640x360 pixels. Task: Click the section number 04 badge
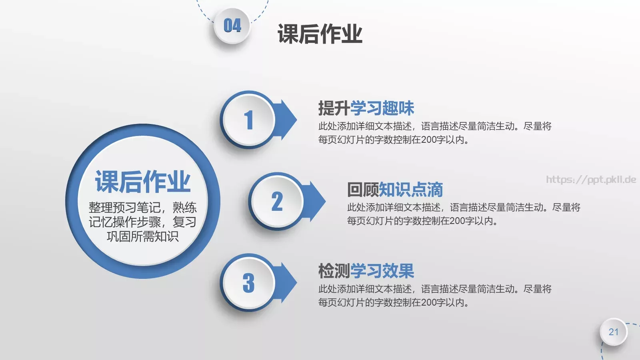(x=232, y=26)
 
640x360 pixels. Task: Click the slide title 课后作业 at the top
(x=320, y=34)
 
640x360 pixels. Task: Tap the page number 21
(x=614, y=332)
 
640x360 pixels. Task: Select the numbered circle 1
(x=249, y=120)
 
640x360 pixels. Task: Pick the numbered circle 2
(x=277, y=201)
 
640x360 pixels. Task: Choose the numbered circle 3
(x=249, y=283)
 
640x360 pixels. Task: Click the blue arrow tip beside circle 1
(x=290, y=120)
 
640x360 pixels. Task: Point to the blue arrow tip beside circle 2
(x=318, y=201)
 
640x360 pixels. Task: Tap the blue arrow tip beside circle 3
(x=290, y=282)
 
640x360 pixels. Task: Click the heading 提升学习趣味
(x=366, y=108)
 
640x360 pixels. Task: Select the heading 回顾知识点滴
(x=395, y=190)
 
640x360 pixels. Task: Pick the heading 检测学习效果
(x=366, y=271)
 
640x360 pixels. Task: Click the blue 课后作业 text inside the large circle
(x=143, y=182)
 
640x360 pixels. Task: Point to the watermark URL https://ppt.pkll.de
(x=591, y=180)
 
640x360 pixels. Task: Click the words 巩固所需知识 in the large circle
(x=143, y=236)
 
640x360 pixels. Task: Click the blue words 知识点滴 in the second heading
(x=411, y=190)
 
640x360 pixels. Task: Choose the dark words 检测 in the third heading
(x=334, y=271)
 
